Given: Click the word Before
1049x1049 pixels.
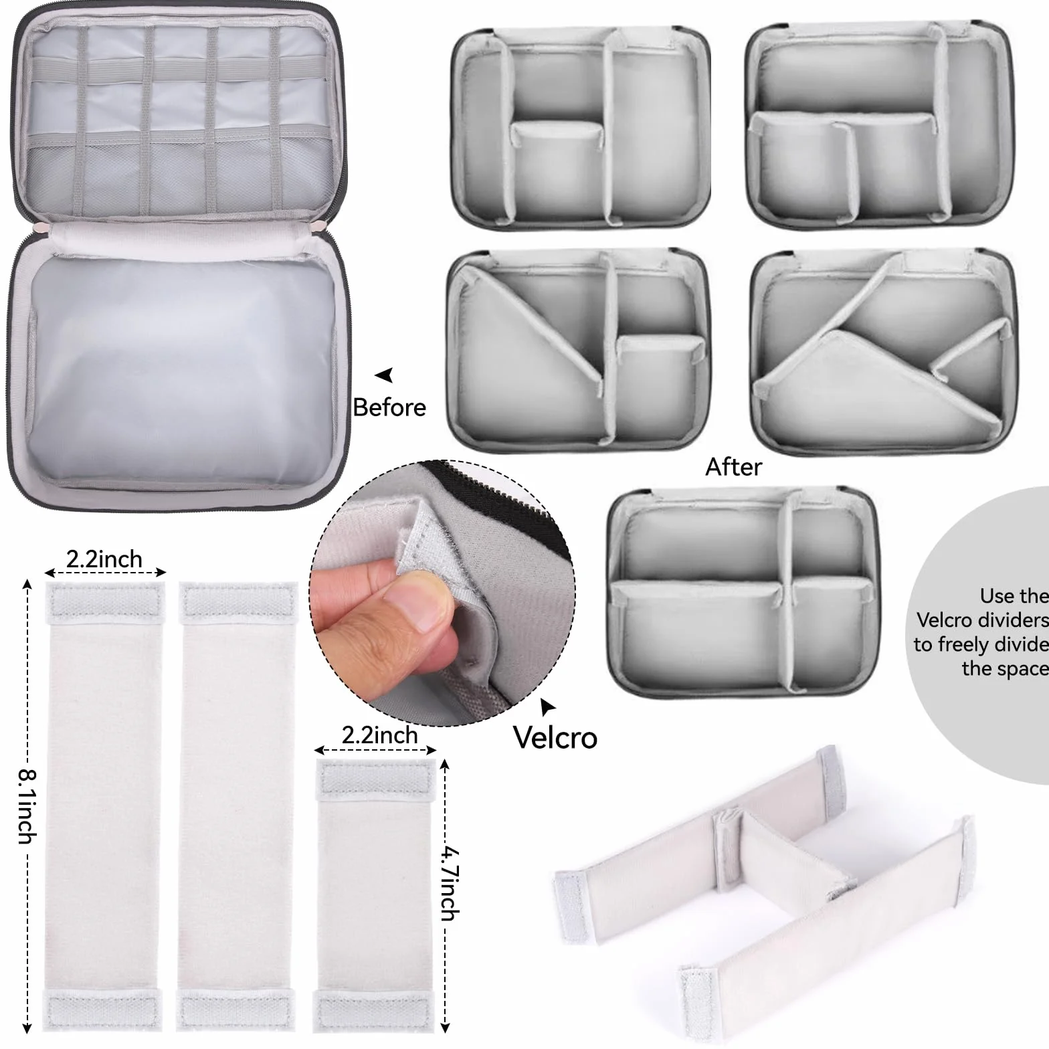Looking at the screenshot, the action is click(x=389, y=407).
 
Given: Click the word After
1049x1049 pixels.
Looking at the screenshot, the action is click(x=733, y=467).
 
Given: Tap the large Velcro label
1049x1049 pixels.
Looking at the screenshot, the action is click(x=555, y=737).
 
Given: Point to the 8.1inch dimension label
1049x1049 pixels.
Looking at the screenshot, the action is click(x=27, y=805).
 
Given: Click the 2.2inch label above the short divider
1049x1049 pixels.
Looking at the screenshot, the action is click(x=379, y=735).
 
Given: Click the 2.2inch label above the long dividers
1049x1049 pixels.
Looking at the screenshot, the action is click(x=104, y=559).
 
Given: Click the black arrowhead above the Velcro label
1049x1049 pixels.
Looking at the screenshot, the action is click(x=548, y=707).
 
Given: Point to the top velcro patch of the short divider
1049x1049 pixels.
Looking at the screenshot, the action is click(x=376, y=780).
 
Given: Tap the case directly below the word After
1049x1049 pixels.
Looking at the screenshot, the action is click(x=743, y=592).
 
